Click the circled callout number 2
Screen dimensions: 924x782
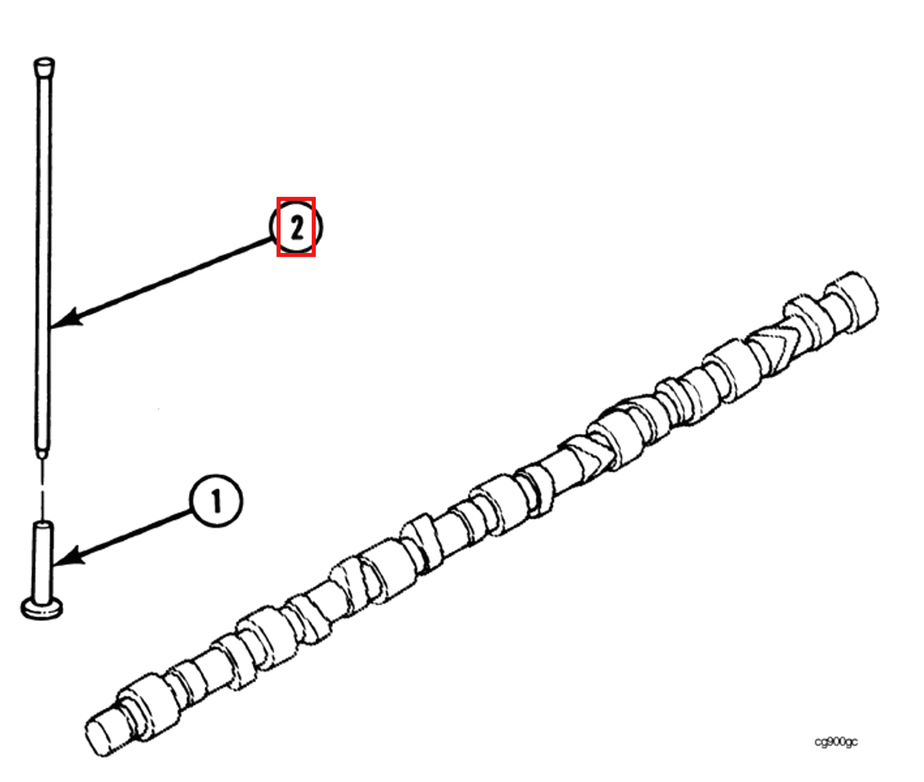tap(296, 227)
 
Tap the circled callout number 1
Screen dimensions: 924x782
tap(216, 501)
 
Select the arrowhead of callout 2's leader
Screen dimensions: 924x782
tap(66, 319)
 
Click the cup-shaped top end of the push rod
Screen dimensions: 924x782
tap(44, 67)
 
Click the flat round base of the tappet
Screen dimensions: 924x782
tap(42, 609)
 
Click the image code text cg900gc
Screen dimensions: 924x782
tap(835, 742)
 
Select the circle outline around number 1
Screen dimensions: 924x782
tap(216, 501)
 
